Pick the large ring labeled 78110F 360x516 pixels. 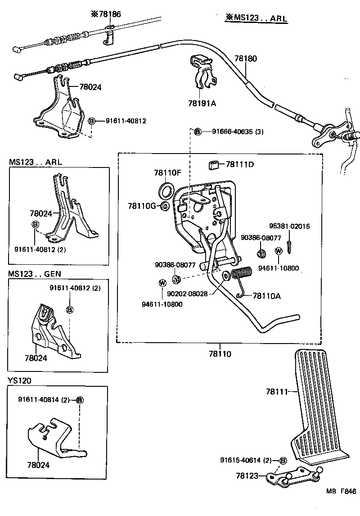click(167, 190)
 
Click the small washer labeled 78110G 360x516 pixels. click(165, 206)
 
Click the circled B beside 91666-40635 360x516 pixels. click(197, 131)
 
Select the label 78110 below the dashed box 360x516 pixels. click(220, 354)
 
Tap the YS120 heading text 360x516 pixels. click(19, 380)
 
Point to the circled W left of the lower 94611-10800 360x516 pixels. click(162, 283)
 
